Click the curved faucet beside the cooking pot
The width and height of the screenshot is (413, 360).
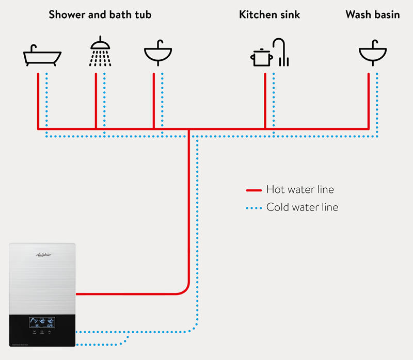coord(280,52)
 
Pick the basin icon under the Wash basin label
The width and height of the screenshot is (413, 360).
coord(373,53)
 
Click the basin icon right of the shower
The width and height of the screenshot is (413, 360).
coord(158,53)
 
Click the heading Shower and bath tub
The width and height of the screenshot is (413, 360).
coord(100,14)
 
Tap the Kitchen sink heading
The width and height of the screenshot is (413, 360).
coord(269,14)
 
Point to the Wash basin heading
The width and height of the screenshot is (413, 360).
coord(373,14)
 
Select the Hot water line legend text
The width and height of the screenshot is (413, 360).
coord(300,190)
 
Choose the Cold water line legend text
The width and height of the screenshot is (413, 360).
coord(302,207)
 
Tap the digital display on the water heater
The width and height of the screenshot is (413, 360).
coord(42,323)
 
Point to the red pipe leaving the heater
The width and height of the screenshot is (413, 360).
coord(129,294)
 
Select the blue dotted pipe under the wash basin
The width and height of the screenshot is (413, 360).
coord(377,103)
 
